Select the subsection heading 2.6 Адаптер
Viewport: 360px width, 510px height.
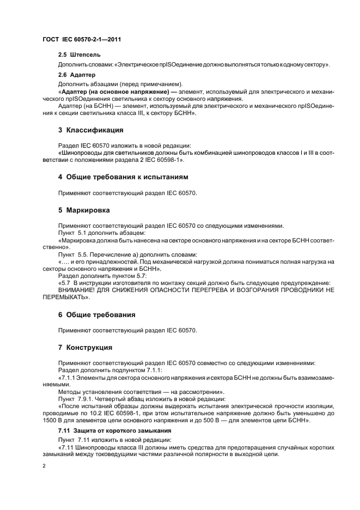pyautogui.click(x=77, y=74)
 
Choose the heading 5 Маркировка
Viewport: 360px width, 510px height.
pyautogui.click(x=84, y=210)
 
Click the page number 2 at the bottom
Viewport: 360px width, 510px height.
pyautogui.click(x=44, y=466)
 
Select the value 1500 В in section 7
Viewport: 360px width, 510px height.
pyautogui.click(x=51, y=421)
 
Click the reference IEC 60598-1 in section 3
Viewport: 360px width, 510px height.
pyautogui.click(x=163, y=161)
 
